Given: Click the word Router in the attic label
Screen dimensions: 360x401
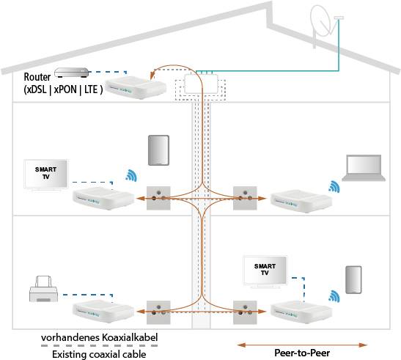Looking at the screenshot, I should coord(37,77).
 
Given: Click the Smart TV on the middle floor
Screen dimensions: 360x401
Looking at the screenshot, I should coord(45,174).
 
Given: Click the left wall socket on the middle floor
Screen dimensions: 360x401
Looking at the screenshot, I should coord(158,197).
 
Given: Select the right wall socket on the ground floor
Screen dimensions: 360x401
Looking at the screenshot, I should coord(243,311).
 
